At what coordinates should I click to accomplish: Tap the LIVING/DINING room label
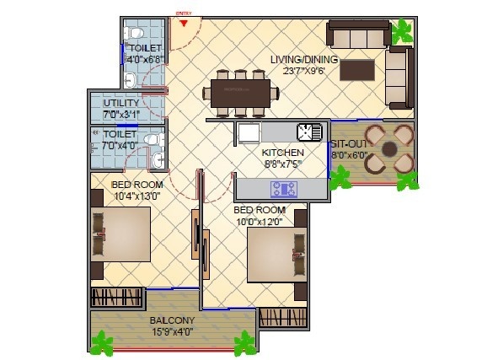[x=304, y=59]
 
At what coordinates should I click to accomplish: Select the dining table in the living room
[x=239, y=93]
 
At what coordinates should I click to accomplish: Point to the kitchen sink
[x=309, y=132]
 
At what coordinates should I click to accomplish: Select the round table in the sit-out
[x=388, y=149]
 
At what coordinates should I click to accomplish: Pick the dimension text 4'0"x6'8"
[x=143, y=59]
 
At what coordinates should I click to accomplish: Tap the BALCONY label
[x=172, y=320]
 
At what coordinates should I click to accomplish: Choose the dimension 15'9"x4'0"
[x=172, y=331]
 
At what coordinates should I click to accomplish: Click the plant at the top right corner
[x=403, y=32]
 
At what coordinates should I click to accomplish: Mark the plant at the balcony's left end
[x=102, y=342]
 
